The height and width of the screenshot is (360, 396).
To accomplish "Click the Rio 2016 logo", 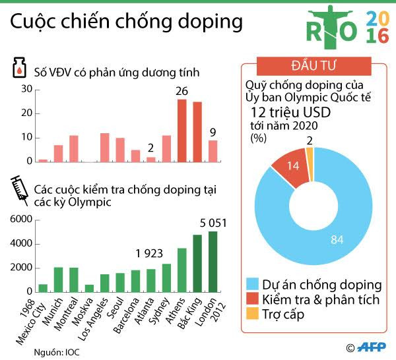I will [347, 31].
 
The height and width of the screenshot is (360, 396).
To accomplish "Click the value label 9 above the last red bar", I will [213, 133].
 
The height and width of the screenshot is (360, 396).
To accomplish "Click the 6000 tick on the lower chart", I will [20, 219].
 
